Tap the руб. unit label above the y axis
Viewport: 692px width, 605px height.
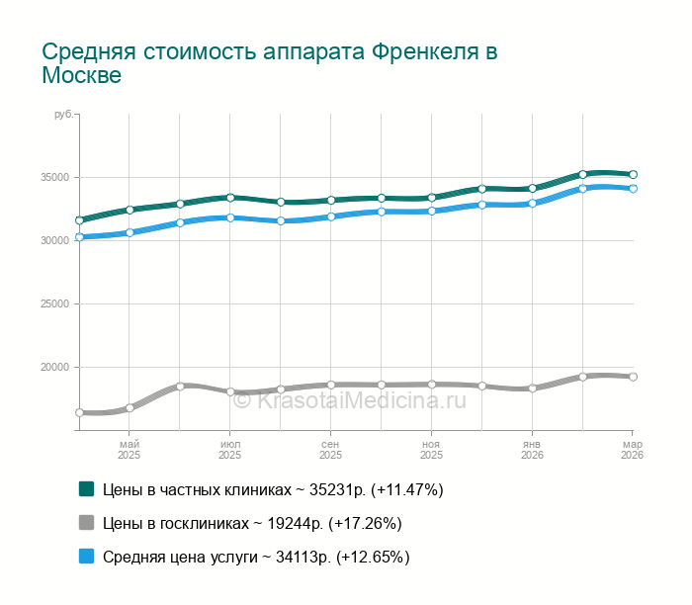64,116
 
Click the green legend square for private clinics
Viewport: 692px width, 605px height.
87,488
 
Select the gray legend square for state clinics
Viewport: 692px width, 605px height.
87,523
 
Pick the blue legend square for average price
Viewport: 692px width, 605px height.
87,557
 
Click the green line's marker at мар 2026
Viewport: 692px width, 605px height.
633,174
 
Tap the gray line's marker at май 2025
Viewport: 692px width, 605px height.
130,407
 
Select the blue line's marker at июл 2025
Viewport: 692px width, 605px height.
230,217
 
